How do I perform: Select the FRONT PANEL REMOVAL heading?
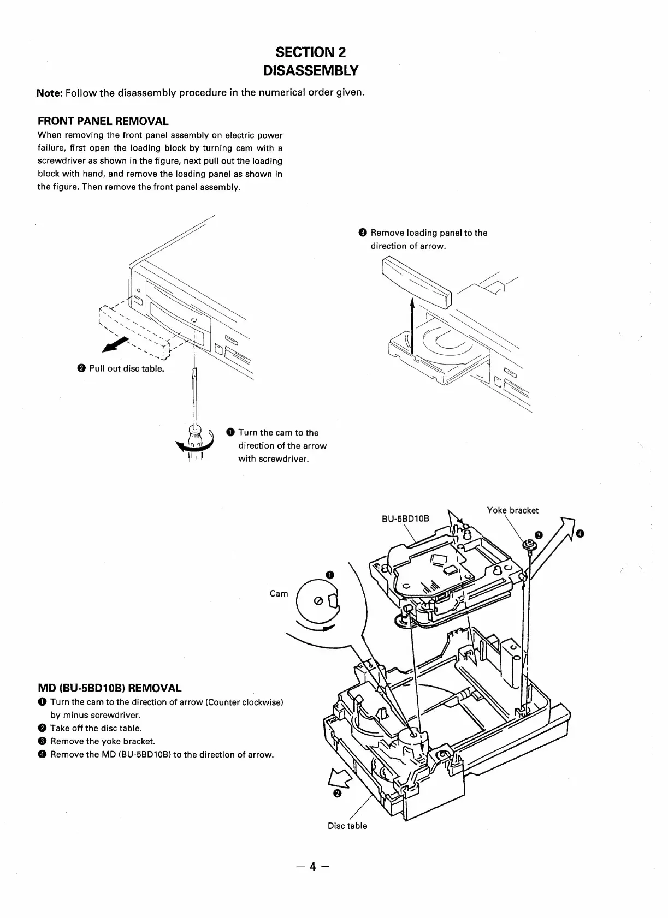click(x=103, y=121)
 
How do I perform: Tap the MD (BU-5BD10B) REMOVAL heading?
click(x=109, y=688)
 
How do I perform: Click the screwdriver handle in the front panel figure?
click(x=194, y=434)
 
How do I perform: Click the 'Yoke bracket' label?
click(x=512, y=511)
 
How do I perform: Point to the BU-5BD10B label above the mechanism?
click(x=405, y=518)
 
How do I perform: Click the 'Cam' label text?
click(x=279, y=594)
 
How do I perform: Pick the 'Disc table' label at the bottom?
click(x=347, y=826)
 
